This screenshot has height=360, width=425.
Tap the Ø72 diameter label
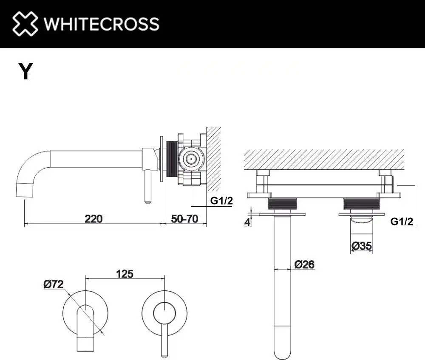tap(53, 285)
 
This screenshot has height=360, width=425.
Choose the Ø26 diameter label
tap(304, 264)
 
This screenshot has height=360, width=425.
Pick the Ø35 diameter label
tap(362, 245)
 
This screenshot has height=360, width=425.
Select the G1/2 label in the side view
tap(222, 200)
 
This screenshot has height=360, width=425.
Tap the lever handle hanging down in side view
tap(148, 187)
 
